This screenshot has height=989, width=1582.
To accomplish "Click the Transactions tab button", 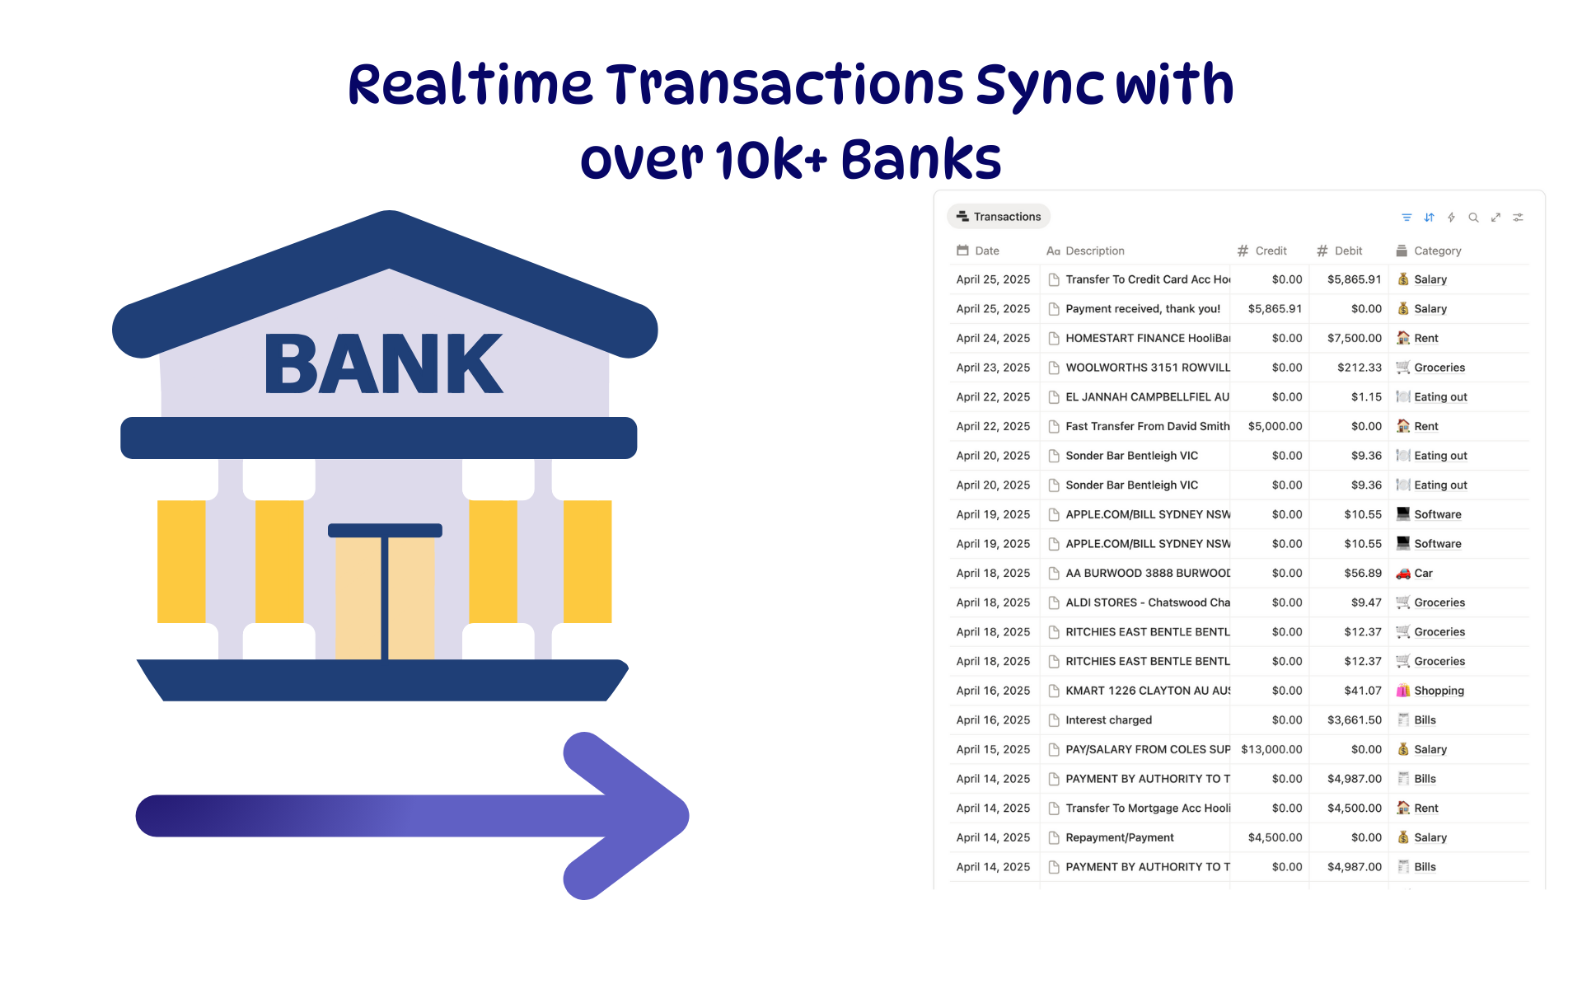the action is click(x=999, y=217).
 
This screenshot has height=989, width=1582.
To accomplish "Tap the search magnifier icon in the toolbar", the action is click(x=1473, y=218).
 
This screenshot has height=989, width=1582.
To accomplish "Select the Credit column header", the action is click(x=1261, y=251).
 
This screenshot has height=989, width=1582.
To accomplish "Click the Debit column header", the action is click(x=1339, y=251).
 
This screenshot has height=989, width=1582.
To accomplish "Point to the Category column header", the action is click(x=1429, y=251).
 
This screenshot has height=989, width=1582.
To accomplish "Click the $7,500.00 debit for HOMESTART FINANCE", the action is click(x=1355, y=338).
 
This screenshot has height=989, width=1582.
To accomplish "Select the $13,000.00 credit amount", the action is click(x=1271, y=749).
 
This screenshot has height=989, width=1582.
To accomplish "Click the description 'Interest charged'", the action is click(x=1108, y=720).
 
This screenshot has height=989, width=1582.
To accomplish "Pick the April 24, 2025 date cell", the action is click(x=993, y=338).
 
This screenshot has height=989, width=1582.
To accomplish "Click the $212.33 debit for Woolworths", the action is click(x=1360, y=368).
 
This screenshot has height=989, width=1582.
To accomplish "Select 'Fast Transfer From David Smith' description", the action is click(x=1147, y=426).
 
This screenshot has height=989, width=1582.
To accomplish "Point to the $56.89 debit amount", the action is click(x=1363, y=573).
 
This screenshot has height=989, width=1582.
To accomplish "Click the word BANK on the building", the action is click(x=383, y=363).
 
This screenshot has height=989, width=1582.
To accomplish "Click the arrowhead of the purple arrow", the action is click(x=626, y=816).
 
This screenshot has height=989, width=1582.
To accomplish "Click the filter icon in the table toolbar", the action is click(x=1406, y=218).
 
